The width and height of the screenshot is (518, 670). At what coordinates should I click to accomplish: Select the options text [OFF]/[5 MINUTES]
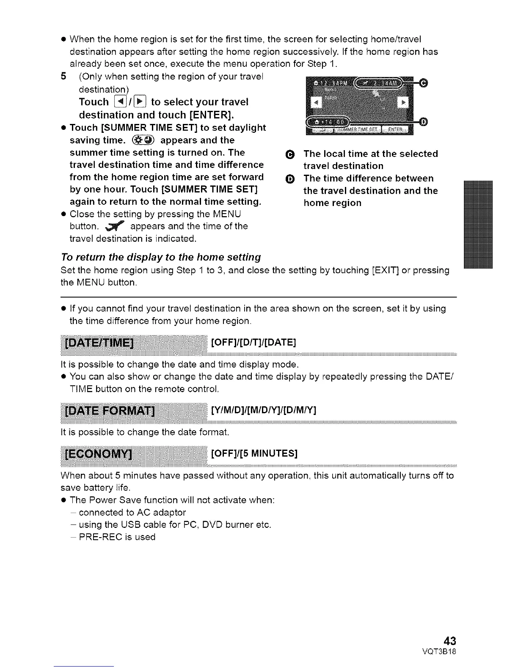pos(254,454)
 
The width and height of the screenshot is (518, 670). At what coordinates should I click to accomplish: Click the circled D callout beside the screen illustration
pos(424,122)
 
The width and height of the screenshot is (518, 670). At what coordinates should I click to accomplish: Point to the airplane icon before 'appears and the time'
pos(116,226)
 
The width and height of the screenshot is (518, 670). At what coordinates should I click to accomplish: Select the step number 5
pos(63,77)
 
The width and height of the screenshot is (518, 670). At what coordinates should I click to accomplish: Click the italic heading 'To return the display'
pos(161,257)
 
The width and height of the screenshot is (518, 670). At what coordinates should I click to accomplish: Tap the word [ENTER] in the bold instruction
pos(211,115)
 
